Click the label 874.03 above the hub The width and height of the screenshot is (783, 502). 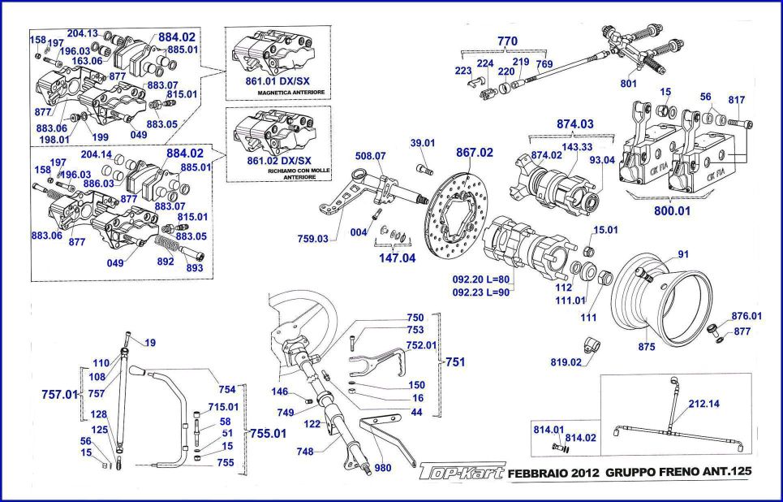pos(574,124)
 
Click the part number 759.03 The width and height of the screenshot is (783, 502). pos(312,239)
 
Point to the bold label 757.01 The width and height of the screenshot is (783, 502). pos(59,394)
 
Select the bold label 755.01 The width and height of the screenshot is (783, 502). pos(267,434)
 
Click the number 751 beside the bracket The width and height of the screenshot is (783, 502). pos(454,363)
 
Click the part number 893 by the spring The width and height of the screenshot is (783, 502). pos(195,268)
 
